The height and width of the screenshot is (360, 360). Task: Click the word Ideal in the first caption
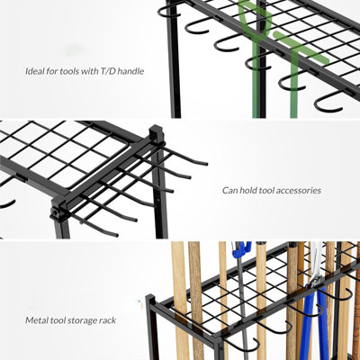click(x=33, y=71)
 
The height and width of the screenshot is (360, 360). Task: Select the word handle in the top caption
click(x=130, y=71)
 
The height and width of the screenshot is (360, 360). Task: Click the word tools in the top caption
click(x=68, y=71)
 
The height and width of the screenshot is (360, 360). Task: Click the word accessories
click(x=298, y=191)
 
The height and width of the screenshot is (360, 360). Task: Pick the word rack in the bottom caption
click(x=109, y=320)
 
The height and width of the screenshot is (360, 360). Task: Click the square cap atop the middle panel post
click(x=156, y=134)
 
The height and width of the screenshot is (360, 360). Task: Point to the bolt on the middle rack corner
click(x=55, y=212)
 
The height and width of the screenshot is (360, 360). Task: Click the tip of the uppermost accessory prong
click(x=206, y=164)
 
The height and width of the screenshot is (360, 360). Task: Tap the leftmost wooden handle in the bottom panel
click(x=180, y=300)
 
